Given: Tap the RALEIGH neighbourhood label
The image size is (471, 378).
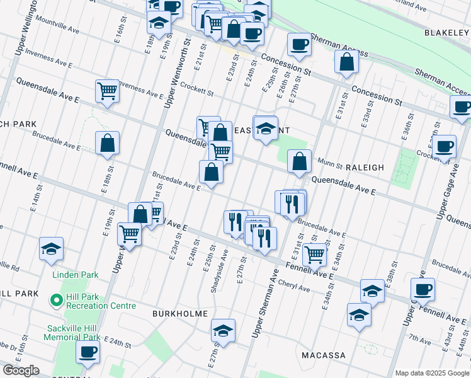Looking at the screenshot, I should (x=365, y=168).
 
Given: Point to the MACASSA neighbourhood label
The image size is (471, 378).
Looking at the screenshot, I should (x=323, y=355).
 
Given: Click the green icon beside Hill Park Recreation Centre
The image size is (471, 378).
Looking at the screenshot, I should (x=55, y=301).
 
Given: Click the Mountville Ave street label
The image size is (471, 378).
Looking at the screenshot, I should (x=57, y=30).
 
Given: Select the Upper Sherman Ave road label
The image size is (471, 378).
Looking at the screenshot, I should (x=265, y=302).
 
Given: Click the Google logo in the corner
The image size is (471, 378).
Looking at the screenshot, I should (x=21, y=370).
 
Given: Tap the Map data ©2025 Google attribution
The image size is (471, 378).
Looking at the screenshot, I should (x=432, y=373).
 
